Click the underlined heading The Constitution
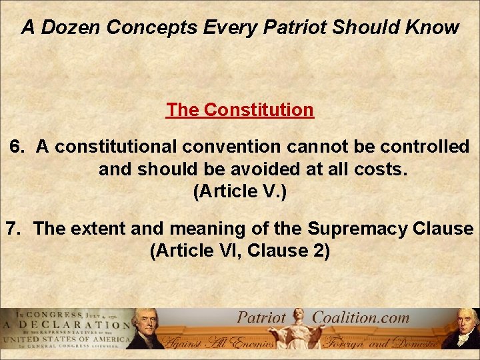(239, 109)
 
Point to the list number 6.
(17, 147)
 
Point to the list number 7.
(15, 229)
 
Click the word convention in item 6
(241, 147)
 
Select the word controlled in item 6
(411, 147)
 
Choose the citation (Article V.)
(239, 192)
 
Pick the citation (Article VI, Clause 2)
(240, 252)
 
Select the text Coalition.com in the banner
(361, 317)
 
